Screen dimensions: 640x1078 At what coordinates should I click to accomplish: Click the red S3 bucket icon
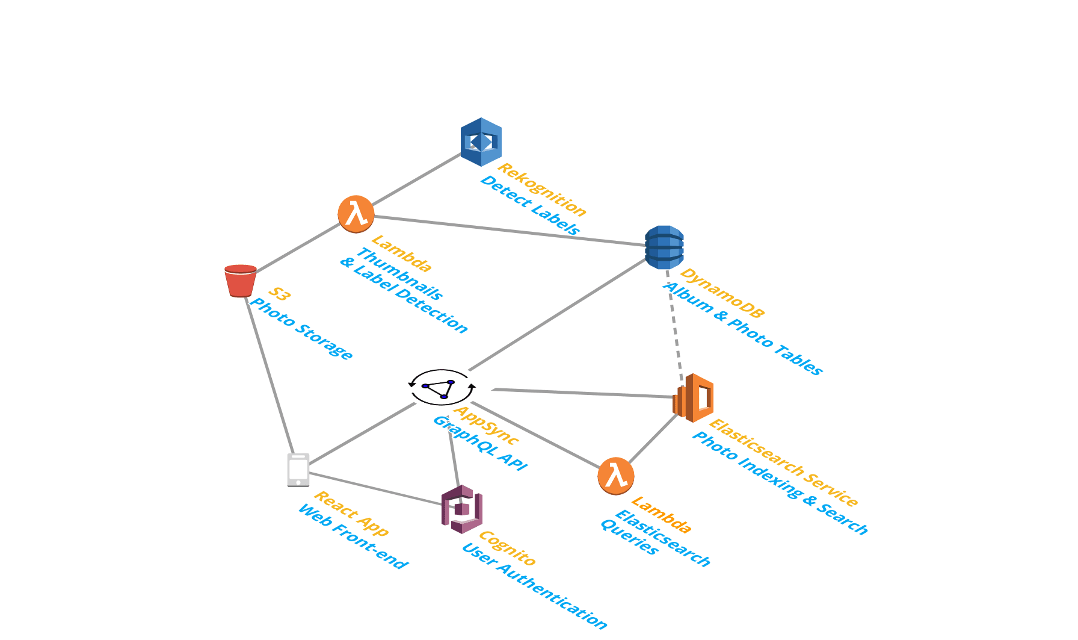click(241, 281)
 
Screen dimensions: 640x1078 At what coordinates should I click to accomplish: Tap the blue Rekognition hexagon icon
click(481, 142)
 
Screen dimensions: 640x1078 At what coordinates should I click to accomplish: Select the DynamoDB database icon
click(664, 247)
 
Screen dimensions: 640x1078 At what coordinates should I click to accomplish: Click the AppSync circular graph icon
click(442, 388)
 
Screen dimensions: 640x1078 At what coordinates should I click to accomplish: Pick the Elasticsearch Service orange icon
click(694, 397)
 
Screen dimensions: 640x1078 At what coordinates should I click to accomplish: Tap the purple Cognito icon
click(461, 509)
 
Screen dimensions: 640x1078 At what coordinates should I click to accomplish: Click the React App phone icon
click(298, 470)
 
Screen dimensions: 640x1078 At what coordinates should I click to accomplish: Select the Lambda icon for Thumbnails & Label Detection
click(356, 214)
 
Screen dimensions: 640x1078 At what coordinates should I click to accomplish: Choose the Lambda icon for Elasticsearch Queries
click(616, 476)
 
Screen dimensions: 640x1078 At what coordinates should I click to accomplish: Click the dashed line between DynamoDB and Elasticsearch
click(675, 322)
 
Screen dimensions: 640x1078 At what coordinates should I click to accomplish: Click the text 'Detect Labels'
click(529, 205)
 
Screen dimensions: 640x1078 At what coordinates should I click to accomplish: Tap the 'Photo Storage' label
click(300, 329)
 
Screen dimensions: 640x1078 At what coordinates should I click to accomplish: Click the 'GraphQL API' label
click(479, 443)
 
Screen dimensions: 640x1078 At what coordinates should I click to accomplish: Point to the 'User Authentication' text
click(534, 586)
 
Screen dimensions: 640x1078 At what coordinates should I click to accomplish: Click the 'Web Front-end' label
click(352, 536)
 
